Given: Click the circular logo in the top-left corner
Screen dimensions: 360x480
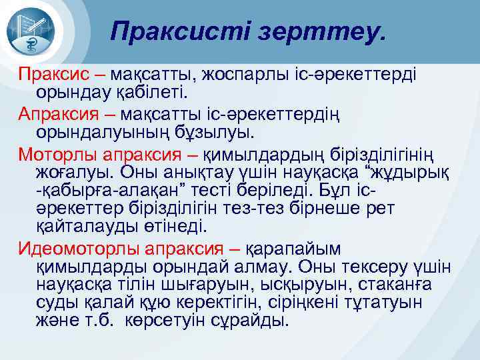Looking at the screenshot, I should point(34,31).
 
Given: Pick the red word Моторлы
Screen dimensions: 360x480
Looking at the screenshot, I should point(58,155).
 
